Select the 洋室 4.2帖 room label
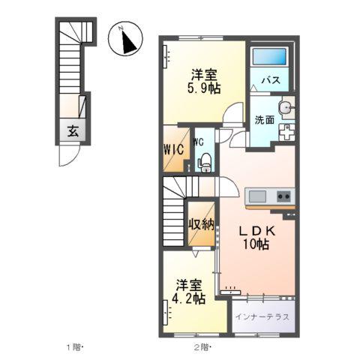[x=190, y=292]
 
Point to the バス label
[x=271, y=79]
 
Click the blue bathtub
[x=270, y=58]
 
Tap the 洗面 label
[x=264, y=119]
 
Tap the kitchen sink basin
[x=257, y=196]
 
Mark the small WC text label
[x=199, y=141]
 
